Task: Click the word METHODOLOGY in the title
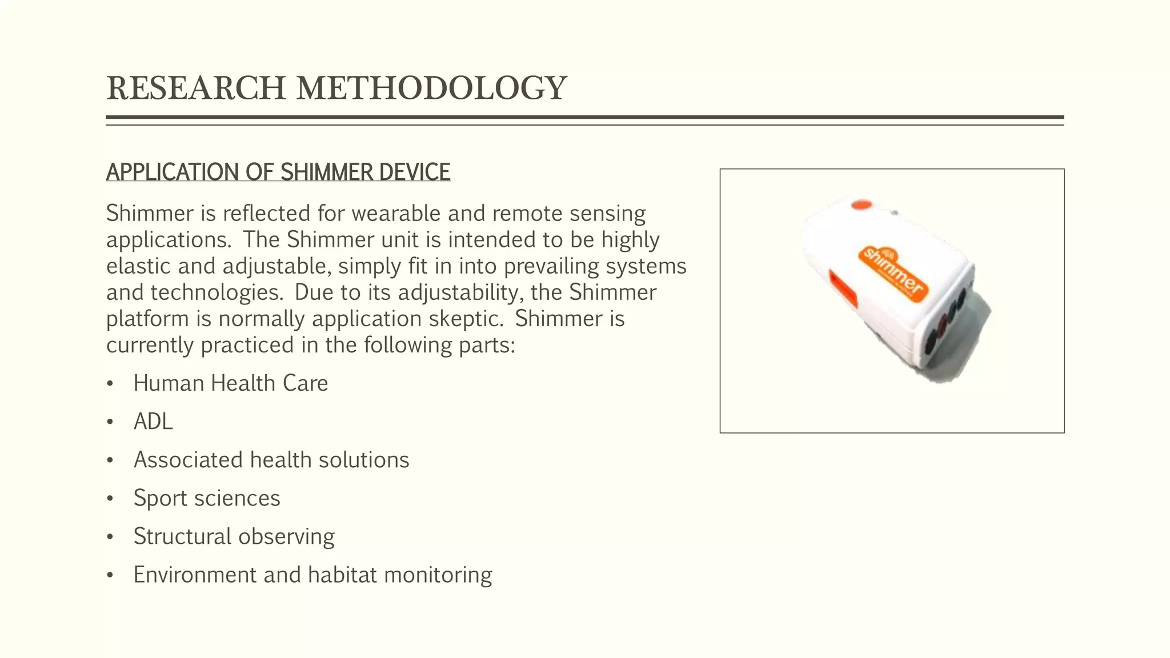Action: (x=431, y=89)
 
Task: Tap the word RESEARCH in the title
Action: (x=196, y=89)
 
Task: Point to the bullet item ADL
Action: (x=153, y=422)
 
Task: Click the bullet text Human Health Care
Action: (x=230, y=383)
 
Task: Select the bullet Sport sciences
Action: (x=206, y=498)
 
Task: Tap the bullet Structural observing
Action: (x=234, y=536)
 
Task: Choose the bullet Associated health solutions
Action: (x=271, y=460)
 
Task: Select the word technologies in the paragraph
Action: (x=217, y=292)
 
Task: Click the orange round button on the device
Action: (x=862, y=205)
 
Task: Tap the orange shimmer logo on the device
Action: (x=893, y=271)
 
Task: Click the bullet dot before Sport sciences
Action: (x=110, y=499)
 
